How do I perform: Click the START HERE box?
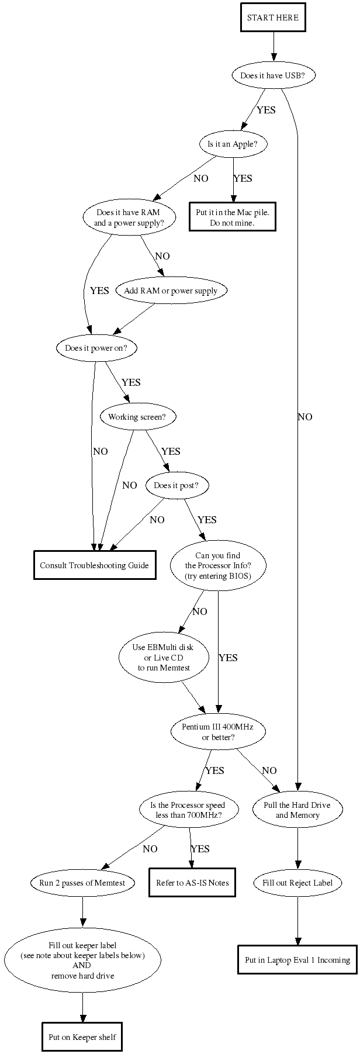tap(273, 18)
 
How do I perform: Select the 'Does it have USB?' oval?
tap(273, 75)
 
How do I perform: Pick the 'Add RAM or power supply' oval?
tap(171, 291)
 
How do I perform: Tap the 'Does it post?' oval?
tap(176, 485)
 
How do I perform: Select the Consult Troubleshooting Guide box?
tap(95, 565)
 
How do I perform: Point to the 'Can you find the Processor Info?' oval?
tap(218, 565)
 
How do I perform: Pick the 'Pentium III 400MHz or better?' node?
tap(218, 731)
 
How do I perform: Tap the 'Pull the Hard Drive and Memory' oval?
tap(297, 810)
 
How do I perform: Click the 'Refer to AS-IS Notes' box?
tap(192, 883)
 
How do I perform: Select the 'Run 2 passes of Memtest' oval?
tap(82, 883)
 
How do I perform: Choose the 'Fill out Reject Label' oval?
tap(297, 883)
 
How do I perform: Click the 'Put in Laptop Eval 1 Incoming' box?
tap(297, 960)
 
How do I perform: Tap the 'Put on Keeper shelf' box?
tap(82, 1037)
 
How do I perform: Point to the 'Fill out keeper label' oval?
tap(82, 960)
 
